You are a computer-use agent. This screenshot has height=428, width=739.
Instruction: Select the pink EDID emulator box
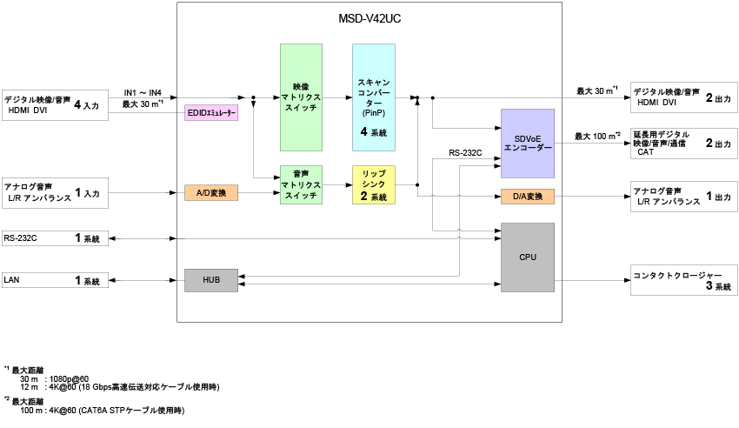(211, 114)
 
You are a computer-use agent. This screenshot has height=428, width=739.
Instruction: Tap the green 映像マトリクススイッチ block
(301, 97)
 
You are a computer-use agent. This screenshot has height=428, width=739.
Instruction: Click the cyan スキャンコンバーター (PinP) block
(374, 97)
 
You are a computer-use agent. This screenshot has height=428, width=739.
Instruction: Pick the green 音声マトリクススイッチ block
(301, 185)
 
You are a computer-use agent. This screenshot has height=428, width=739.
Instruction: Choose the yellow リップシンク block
(374, 185)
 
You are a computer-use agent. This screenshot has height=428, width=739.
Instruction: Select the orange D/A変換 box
(528, 197)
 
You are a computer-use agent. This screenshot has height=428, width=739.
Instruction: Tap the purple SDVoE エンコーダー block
(528, 143)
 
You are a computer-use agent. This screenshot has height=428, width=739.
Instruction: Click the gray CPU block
(528, 257)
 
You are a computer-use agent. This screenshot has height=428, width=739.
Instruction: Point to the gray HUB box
(211, 280)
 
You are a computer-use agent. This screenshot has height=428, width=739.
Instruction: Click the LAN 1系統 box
(52, 280)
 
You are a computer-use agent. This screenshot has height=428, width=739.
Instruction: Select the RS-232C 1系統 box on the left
(52, 237)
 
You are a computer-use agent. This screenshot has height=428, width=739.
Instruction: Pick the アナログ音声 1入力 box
(52, 193)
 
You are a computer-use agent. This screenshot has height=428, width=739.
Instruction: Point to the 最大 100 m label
(597, 136)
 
